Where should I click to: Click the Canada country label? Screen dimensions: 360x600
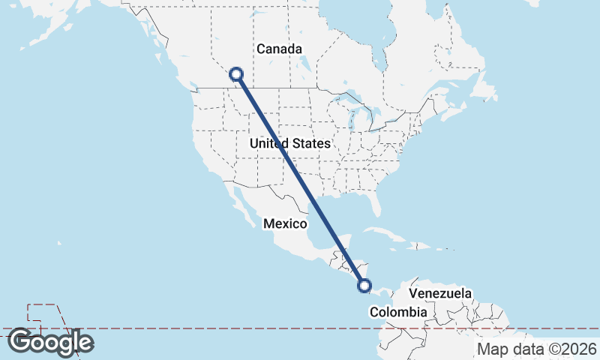[x=279, y=49]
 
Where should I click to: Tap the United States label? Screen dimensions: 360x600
[x=289, y=143]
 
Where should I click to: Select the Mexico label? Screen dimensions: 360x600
[x=285, y=223]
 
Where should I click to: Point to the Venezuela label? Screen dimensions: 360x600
[x=441, y=293]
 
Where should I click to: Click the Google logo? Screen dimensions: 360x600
[x=50, y=342]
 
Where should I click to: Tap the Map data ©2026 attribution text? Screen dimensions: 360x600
[x=537, y=349]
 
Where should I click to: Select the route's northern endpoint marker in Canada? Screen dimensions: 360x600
[x=236, y=73]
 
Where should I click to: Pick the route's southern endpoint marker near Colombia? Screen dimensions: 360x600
[x=364, y=285]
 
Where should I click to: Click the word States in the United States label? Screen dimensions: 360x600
[x=311, y=143]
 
